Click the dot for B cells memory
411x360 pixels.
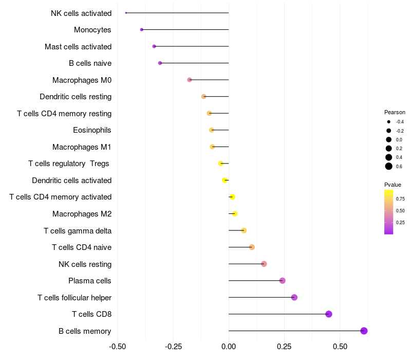(364, 331)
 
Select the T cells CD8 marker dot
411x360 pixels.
(329, 314)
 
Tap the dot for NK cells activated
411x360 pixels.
(126, 13)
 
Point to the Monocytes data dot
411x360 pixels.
(142, 30)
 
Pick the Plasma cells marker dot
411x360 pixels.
(282, 280)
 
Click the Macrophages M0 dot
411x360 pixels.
(190, 80)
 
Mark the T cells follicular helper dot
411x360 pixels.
(294, 297)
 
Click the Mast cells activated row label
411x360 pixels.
(78, 47)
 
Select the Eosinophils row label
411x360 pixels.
(92, 130)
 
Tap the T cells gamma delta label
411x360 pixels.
(78, 230)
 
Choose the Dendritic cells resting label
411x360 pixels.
(76, 97)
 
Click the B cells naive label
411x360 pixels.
(90, 63)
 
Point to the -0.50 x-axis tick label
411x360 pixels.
(118, 347)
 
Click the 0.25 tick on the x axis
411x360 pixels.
(284, 347)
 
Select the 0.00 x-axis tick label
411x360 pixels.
(229, 347)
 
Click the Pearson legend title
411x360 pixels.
(395, 112)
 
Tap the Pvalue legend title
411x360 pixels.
(393, 185)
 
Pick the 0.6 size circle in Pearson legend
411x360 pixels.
(389, 166)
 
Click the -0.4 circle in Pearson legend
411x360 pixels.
(389, 122)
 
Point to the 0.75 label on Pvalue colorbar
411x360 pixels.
(400, 199)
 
